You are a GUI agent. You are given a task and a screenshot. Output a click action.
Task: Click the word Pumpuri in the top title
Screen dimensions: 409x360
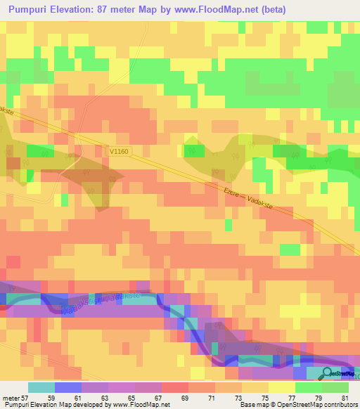pos(31,9)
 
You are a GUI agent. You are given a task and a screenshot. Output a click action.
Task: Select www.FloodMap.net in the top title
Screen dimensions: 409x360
pos(224,9)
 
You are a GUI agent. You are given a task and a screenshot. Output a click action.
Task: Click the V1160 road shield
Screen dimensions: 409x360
pos(120,150)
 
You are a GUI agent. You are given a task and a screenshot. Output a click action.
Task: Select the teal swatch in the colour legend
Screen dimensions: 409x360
pos(41,387)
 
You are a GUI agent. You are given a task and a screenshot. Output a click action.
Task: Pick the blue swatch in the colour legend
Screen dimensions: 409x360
pos(68,387)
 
